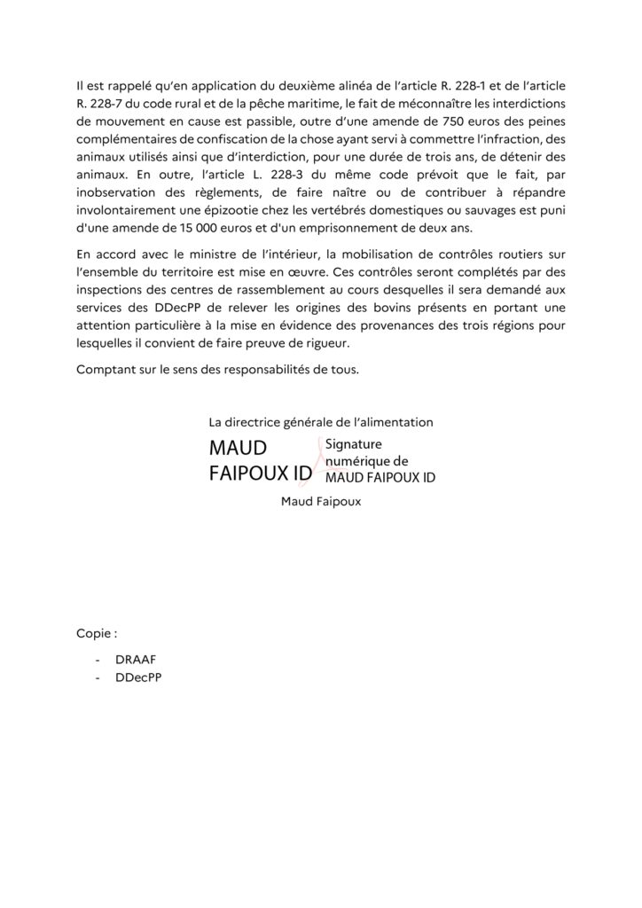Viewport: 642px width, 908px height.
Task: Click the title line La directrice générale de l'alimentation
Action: pyautogui.click(x=320, y=423)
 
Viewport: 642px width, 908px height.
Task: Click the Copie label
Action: pyautogui.click(x=96, y=635)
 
